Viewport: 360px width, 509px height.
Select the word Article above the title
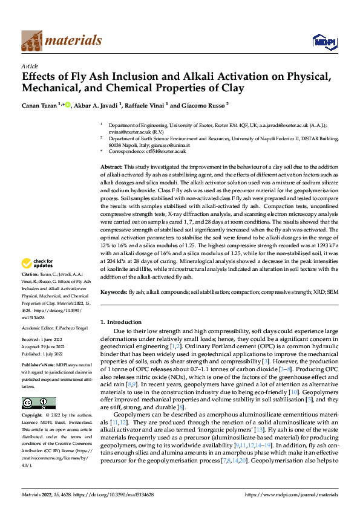(30, 66)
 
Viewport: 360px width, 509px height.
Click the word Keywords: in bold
(114, 292)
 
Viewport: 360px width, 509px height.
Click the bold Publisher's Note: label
(39, 366)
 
